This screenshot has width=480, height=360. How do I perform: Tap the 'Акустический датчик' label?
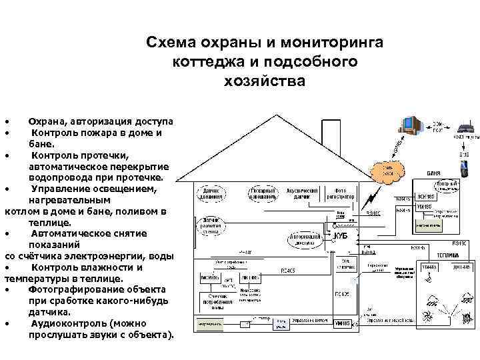302,193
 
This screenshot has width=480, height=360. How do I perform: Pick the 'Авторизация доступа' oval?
307,239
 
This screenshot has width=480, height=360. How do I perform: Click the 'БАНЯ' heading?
434,173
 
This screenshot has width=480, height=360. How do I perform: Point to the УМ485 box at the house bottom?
343,323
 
